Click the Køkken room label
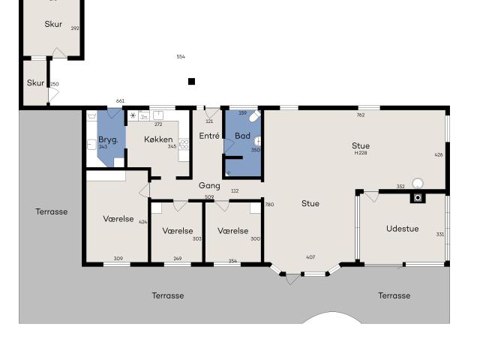158,139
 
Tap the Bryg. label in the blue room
108,139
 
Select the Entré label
209,136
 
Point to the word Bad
242,136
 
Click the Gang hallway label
209,185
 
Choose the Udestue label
402,229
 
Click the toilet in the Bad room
255,116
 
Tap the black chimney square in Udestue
418,198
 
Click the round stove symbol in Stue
418,182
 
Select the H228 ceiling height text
361,153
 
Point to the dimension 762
361,115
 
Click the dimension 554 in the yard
181,57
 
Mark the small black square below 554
191,81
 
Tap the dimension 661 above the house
120,101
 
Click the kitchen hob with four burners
184,144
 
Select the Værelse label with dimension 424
118,219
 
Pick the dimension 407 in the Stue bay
310,257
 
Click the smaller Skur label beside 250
35,83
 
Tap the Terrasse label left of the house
51,211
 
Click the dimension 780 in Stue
269,205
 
